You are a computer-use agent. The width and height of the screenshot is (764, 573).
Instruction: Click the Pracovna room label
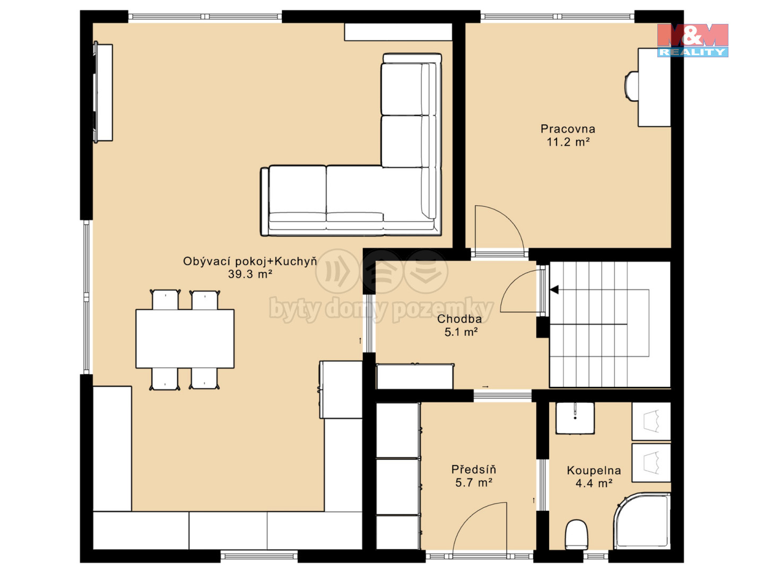(x=568, y=129)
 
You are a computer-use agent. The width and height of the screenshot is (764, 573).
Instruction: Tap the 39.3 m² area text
(x=250, y=274)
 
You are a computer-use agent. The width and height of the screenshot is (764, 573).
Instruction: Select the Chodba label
(x=459, y=319)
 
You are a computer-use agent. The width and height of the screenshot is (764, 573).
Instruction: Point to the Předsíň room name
(x=474, y=470)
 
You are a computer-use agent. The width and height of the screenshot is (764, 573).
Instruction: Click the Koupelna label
(x=594, y=471)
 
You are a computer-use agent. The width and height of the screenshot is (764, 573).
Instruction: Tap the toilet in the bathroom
(x=577, y=535)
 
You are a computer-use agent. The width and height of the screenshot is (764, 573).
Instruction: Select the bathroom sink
(x=575, y=418)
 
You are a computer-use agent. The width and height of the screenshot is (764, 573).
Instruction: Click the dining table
(x=185, y=338)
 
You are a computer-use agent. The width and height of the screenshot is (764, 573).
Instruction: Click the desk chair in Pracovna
(x=631, y=86)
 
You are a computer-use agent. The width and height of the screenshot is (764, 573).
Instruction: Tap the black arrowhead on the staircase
(x=554, y=290)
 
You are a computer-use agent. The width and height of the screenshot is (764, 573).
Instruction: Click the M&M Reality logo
(x=693, y=40)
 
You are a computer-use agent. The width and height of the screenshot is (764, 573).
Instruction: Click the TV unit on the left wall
(x=103, y=92)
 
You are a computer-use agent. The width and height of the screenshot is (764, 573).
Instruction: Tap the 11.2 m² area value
(x=568, y=142)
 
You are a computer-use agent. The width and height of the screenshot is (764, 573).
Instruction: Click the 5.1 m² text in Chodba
(x=461, y=332)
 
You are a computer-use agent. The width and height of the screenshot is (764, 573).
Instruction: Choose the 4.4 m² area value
(x=594, y=483)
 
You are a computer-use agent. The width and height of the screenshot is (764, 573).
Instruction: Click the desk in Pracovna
(x=654, y=88)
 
